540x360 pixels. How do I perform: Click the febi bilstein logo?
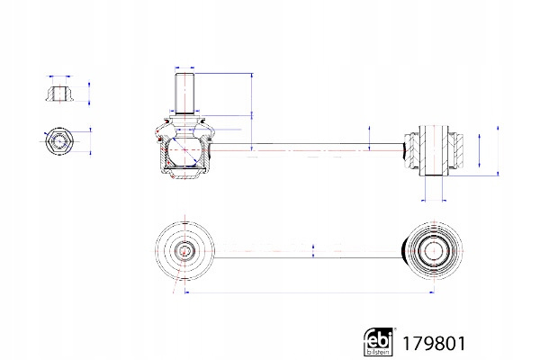378,341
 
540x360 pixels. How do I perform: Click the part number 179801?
434,344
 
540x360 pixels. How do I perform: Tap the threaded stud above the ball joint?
184,94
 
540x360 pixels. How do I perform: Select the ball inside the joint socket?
184,150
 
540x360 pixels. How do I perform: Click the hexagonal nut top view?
59,141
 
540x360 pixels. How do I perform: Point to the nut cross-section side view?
59,93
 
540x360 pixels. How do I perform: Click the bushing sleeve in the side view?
434,150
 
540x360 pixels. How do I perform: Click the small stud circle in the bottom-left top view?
184,251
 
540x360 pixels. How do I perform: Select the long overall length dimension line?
310,292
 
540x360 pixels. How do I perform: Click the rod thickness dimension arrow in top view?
313,251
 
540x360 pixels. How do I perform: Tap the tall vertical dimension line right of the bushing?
498,150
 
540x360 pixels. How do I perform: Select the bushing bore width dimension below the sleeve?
434,200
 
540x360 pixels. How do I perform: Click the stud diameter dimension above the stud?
184,67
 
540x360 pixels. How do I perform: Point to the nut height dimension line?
89,93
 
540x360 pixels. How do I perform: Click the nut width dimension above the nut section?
60,76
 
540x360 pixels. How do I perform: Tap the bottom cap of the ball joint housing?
184,172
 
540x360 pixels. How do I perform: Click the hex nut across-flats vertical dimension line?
91,141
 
